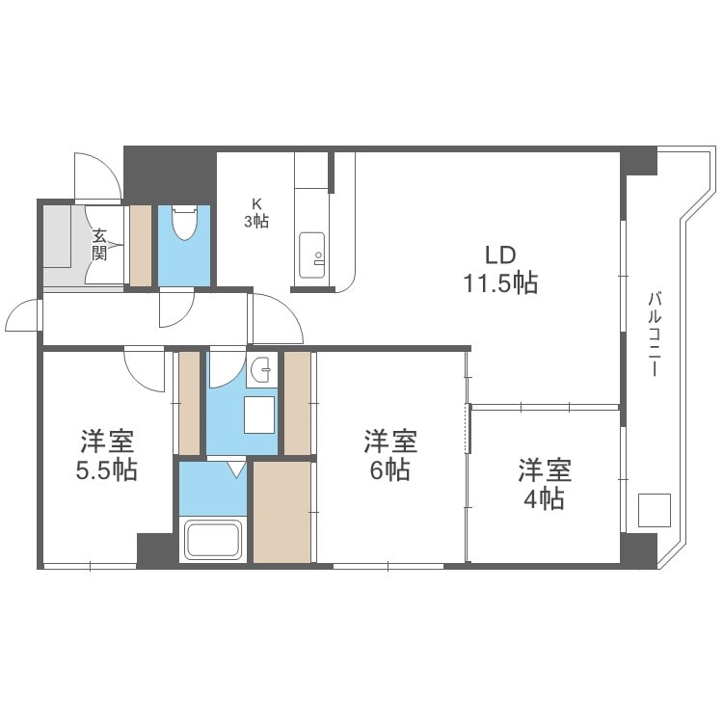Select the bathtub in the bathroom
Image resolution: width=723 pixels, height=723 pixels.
tap(214, 539)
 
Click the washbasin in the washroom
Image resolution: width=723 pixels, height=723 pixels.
tap(260, 371)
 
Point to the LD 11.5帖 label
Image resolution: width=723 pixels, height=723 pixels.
tap(497, 269)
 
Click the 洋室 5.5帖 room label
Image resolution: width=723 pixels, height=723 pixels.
tap(107, 456)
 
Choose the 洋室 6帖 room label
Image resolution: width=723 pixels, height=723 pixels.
tap(389, 456)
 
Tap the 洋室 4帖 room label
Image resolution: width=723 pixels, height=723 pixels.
tap(545, 485)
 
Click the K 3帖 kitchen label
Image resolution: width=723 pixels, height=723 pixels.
tap(255, 212)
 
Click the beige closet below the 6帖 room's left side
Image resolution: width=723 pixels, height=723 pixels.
tap(282, 511)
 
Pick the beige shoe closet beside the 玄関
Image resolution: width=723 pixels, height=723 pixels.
tap(141, 246)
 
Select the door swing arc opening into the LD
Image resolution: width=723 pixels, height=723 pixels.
tap(277, 320)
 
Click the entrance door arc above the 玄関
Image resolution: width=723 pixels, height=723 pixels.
tap(97, 178)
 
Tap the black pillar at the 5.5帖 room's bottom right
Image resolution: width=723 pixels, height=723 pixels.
tap(154, 549)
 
